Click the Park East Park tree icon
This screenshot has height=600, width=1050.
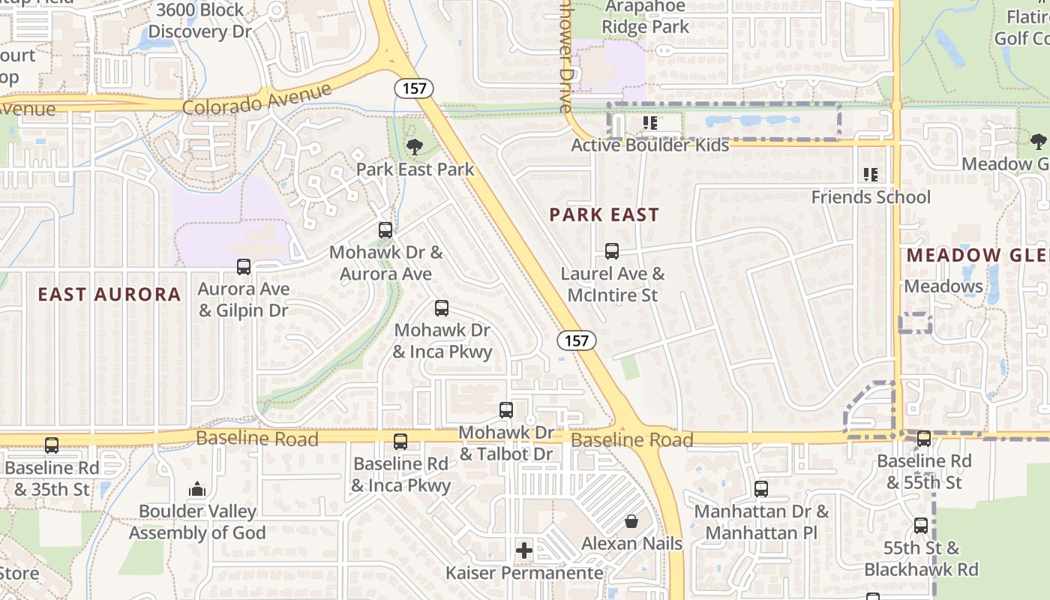(414, 147)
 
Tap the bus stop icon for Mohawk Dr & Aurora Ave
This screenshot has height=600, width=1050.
(385, 230)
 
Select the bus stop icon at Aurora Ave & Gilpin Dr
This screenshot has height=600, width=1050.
(244, 266)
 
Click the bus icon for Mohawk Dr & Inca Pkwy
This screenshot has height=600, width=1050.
(442, 307)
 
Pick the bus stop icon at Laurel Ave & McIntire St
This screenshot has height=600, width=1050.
(612, 251)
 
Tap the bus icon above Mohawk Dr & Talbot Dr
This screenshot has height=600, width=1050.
(506, 410)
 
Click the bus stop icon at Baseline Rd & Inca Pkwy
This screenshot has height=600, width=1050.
(400, 441)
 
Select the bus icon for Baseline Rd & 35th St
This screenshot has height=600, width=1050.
(52, 445)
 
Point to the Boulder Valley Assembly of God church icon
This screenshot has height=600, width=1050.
(197, 489)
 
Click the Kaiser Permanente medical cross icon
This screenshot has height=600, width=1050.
(524, 551)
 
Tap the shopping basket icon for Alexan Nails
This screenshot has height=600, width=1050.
(632, 520)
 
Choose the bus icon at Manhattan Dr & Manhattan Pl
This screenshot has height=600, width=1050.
(761, 489)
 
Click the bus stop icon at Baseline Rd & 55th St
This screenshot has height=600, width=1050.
(924, 439)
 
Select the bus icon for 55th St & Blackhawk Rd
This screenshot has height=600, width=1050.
(921, 526)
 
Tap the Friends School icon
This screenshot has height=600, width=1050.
(871, 175)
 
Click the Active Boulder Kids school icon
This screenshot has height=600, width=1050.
(649, 122)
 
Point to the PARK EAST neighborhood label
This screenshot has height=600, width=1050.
(604, 215)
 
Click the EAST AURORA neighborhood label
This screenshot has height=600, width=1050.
(109, 295)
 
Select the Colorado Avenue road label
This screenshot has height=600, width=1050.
(256, 100)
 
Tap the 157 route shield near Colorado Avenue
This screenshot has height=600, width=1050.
(413, 88)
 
